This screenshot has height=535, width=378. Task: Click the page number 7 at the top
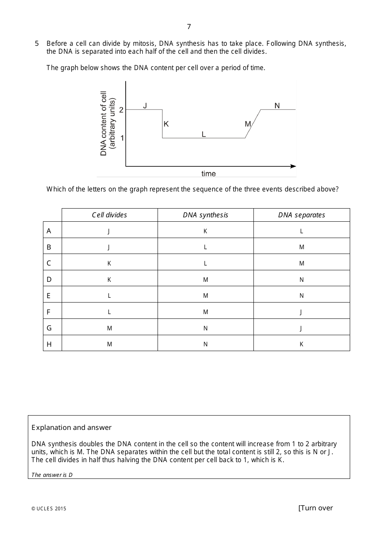(189, 27)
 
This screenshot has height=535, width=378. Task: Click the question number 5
(37, 43)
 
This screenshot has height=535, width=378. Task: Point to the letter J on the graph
(145, 105)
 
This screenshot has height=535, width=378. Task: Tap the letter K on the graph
(166, 124)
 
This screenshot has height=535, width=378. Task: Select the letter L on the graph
(204, 134)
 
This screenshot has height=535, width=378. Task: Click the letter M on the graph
(248, 124)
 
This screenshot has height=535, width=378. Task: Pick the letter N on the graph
(277, 105)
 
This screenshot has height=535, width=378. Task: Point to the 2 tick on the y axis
(121, 110)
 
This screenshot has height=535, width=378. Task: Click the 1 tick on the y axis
(122, 138)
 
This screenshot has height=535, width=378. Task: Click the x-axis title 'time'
(208, 174)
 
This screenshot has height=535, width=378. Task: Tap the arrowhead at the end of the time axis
(294, 166)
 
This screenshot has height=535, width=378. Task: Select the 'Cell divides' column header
(109, 215)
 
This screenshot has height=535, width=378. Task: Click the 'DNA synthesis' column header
(205, 215)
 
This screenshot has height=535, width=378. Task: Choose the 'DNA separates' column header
(302, 215)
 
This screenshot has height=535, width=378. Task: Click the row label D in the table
(49, 279)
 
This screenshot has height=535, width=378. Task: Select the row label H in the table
(49, 344)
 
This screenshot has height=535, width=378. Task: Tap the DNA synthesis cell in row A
(205, 231)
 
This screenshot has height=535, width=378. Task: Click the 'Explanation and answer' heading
(72, 428)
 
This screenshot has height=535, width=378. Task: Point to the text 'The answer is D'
(52, 474)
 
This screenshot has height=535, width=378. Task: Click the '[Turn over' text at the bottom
(316, 508)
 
